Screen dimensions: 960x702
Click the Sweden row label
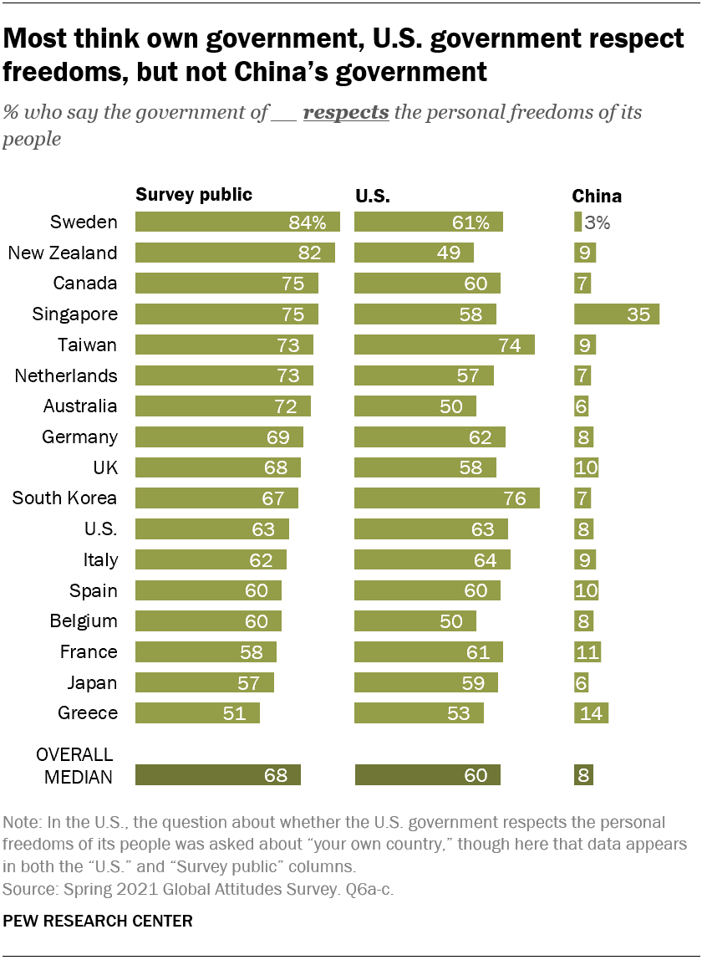tap(84, 222)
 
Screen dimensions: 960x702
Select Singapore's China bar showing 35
tap(617, 314)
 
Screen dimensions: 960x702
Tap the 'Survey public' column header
tap(194, 196)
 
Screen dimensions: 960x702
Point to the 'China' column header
tap(597, 197)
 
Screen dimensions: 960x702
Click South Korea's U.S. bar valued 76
tap(447, 498)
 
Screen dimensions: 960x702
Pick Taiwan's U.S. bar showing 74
tap(445, 345)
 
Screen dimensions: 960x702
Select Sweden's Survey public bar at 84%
tap(237, 222)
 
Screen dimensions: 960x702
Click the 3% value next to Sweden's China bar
tap(598, 222)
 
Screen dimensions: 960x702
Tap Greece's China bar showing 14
tap(591, 713)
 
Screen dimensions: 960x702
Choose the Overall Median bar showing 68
tap(217, 775)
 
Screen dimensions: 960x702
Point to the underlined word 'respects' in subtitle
tap(346, 112)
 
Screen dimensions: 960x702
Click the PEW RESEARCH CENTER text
tap(98, 922)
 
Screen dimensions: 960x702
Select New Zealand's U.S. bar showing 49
tap(414, 253)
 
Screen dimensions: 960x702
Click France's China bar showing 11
tap(588, 652)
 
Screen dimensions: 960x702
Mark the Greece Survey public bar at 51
tap(197, 713)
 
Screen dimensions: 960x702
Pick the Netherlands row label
tap(66, 376)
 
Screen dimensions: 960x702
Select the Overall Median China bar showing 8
tap(583, 775)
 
